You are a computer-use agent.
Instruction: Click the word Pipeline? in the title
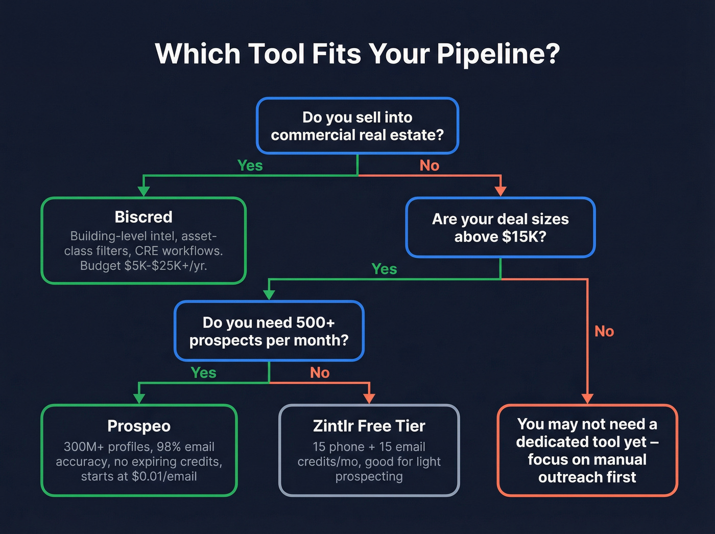pos(498,54)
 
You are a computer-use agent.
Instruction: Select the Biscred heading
pos(144,217)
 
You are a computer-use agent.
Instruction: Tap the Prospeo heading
pos(139,426)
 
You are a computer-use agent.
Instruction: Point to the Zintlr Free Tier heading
pos(369,426)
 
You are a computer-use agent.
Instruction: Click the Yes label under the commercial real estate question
pos(250,166)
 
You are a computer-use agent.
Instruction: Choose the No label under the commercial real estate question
pos(429,166)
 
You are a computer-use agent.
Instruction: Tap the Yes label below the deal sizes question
pos(384,269)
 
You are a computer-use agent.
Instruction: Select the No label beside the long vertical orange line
pos(604,331)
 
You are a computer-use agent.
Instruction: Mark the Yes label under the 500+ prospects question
pos(203,373)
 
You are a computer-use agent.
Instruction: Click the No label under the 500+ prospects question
pos(320,373)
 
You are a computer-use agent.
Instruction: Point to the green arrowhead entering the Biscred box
pos(144,192)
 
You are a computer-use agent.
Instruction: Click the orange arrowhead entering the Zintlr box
pos(369,399)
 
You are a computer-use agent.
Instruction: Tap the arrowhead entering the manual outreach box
pos(587,399)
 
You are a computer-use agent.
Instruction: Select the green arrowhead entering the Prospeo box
pos(139,399)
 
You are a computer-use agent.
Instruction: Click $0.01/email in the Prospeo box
pos(164,476)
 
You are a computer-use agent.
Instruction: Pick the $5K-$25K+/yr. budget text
pos(165,266)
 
